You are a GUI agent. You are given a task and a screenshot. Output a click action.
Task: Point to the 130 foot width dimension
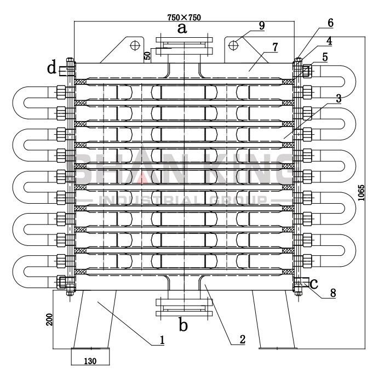pyautogui.click(x=90, y=361)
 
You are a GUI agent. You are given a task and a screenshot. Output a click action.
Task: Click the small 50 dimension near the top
pyautogui.click(x=147, y=55)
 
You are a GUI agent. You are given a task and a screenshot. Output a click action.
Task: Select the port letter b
pyautogui.click(x=183, y=325)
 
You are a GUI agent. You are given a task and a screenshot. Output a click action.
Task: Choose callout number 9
pyautogui.click(x=262, y=25)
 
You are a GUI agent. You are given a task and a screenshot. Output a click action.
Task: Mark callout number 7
pyautogui.click(x=275, y=48)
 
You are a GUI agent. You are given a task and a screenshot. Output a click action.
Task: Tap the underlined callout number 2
pyautogui.click(x=242, y=340)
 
